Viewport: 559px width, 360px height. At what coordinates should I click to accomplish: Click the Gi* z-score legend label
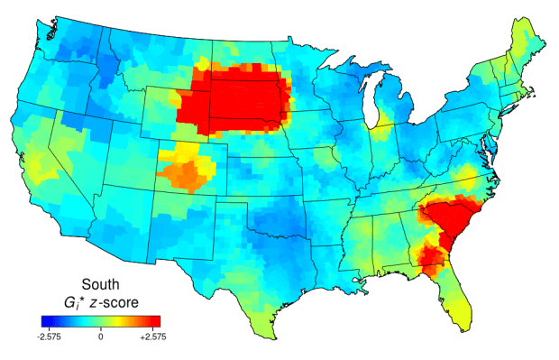[x=101, y=300]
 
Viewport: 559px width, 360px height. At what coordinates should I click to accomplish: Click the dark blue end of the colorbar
[x=45, y=320]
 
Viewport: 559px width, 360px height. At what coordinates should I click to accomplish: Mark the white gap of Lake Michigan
[x=372, y=109]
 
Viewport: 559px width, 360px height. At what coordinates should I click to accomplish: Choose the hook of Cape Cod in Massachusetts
[x=536, y=97]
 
